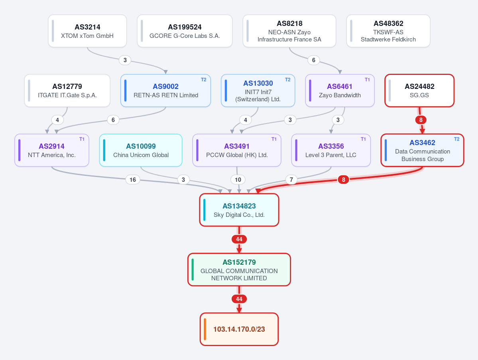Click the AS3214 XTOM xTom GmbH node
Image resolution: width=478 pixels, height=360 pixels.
pyautogui.click(x=87, y=31)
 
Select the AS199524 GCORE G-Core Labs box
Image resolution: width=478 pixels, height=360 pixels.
pyautogui.click(x=185, y=31)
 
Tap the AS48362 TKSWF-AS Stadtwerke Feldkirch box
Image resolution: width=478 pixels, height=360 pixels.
pyautogui.click(x=388, y=31)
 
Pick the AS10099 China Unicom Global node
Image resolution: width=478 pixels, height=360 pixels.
pyautogui.click(x=141, y=150)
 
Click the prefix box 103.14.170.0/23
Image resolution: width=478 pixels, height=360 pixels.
pyautogui.click(x=239, y=329)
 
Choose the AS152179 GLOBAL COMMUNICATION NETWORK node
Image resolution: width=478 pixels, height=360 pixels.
pyautogui.click(x=239, y=270)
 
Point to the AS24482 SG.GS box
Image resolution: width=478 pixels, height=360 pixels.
pyautogui.click(x=419, y=90)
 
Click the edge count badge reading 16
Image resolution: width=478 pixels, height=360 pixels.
pyautogui.click(x=133, y=179)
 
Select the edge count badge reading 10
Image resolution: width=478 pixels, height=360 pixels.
pyautogui.click(x=238, y=179)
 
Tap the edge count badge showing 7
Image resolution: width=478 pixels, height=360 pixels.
pyautogui.click(x=291, y=179)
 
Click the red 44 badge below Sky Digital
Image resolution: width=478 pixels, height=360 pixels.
pyautogui.click(x=239, y=239)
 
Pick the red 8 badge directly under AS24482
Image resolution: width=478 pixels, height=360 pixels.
pyautogui.click(x=421, y=120)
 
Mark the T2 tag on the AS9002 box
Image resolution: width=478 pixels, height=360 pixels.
pyautogui.click(x=204, y=80)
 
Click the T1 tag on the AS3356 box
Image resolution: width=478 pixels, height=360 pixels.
pyautogui.click(x=363, y=139)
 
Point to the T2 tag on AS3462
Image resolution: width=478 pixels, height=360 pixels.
pyautogui.click(x=456, y=139)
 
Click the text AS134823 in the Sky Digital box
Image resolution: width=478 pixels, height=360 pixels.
pyautogui.click(x=239, y=206)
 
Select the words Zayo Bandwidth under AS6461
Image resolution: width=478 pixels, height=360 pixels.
pyautogui.click(x=340, y=95)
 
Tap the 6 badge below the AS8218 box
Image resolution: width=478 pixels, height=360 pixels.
pyautogui.click(x=313, y=60)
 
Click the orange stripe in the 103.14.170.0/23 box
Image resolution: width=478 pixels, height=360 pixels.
pyautogui.click(x=205, y=329)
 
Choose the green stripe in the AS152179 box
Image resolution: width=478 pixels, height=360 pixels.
pyautogui.click(x=193, y=270)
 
